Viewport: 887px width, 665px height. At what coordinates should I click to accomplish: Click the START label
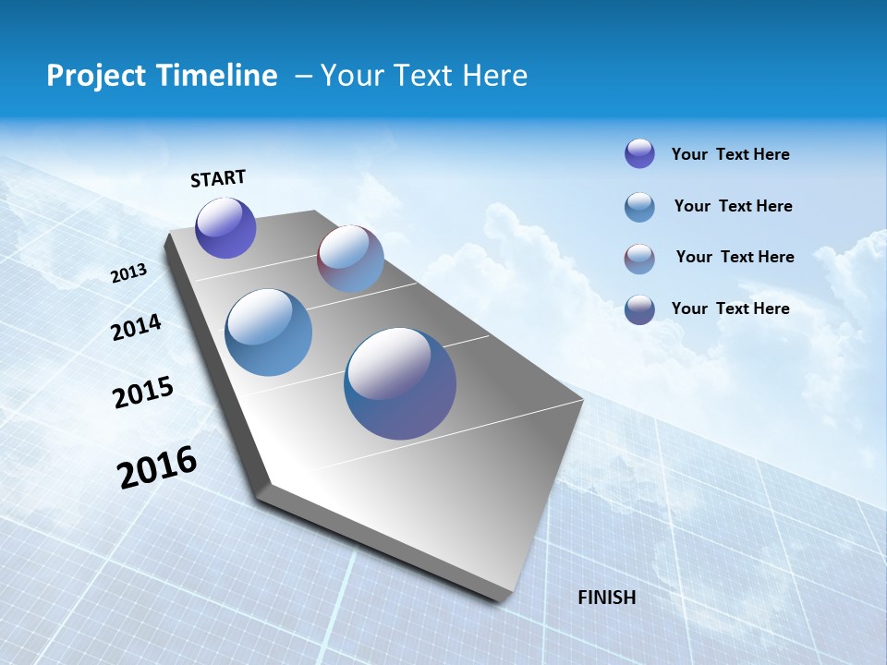coord(218,177)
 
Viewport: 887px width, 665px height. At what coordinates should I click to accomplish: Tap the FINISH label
coord(607,598)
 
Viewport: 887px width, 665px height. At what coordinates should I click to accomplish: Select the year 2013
coord(129,273)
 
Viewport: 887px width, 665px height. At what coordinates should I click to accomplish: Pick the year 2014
coord(137,327)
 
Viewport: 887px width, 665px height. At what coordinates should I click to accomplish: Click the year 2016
coord(157,466)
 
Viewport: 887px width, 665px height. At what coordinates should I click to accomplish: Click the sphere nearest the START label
coord(226,228)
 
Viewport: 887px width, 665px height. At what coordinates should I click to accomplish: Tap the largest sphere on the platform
coord(400,383)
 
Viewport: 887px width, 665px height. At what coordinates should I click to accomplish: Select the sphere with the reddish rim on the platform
coord(350,259)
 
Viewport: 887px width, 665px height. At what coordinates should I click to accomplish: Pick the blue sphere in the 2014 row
coord(269,332)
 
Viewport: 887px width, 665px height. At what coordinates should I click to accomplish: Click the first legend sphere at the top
coord(639,153)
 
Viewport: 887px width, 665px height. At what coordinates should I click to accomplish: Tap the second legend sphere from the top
coord(639,207)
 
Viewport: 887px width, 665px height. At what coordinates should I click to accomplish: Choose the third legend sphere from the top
coord(639,259)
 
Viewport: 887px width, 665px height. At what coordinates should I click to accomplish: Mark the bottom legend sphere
coord(639,309)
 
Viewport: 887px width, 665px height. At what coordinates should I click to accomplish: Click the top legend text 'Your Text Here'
coord(730,154)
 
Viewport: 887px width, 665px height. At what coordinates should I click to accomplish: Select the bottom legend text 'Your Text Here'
coord(730,308)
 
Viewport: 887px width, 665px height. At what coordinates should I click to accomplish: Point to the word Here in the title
coord(494,76)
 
